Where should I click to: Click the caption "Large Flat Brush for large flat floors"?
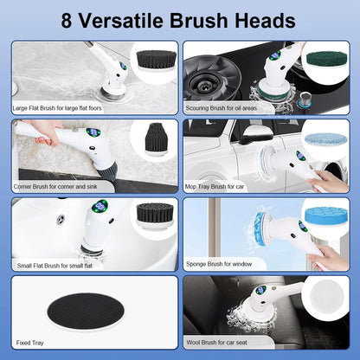(x=57, y=109)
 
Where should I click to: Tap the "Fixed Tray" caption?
(x=28, y=343)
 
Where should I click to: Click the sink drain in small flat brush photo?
(x=61, y=220)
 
